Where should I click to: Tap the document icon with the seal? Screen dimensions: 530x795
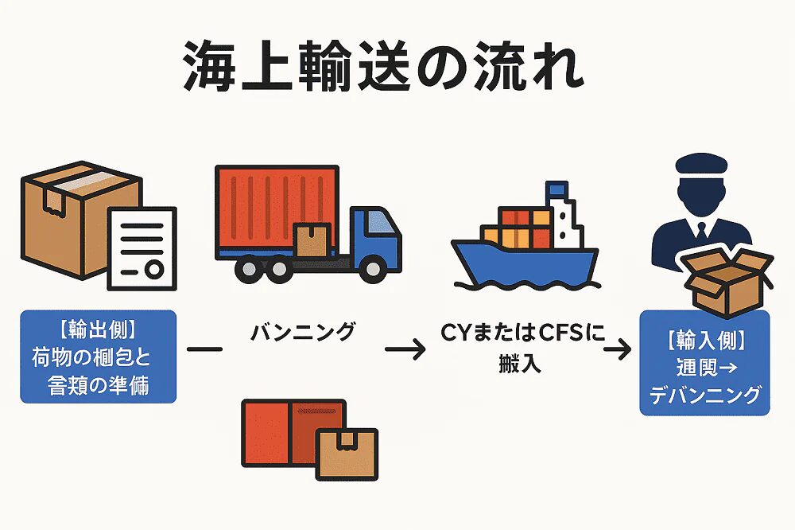[x=142, y=247]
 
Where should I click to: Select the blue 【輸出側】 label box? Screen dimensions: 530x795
[x=98, y=356]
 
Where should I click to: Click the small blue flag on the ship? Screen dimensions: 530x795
[x=555, y=189]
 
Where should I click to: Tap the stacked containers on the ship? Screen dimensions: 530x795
[x=517, y=226]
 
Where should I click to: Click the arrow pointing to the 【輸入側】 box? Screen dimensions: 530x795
[x=619, y=349]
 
